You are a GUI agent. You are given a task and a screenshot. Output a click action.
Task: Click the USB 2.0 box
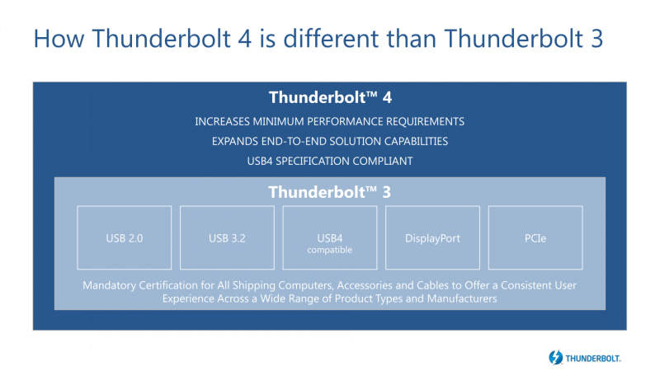pyautogui.click(x=124, y=238)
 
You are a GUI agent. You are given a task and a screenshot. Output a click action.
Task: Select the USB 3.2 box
pyautogui.click(x=227, y=238)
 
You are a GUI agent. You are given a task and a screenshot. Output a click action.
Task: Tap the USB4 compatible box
pyautogui.click(x=330, y=238)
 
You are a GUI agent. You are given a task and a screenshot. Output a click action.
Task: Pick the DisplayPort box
pyautogui.click(x=432, y=238)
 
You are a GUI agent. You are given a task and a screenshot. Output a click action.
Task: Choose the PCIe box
pyautogui.click(x=535, y=238)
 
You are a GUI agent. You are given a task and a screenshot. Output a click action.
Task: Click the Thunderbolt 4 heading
pyautogui.click(x=330, y=98)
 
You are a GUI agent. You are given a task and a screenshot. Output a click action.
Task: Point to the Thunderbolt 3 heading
pyautogui.click(x=330, y=192)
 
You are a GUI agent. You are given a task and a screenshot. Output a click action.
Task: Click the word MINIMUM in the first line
pyautogui.click(x=279, y=121)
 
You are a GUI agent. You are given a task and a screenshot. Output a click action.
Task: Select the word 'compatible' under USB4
pyautogui.click(x=330, y=249)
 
